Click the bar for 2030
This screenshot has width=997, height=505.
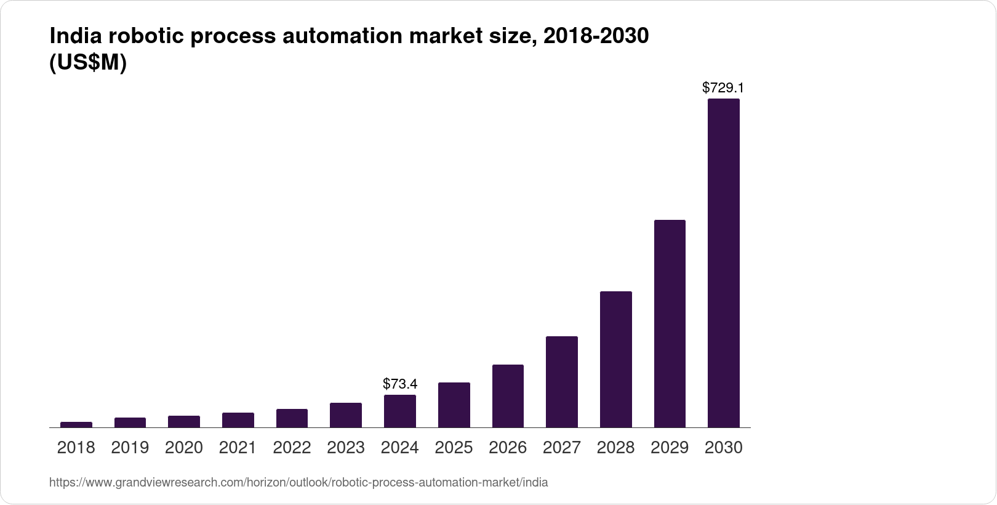[723, 263]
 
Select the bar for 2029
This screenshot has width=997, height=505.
[670, 323]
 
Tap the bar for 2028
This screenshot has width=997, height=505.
[615, 359]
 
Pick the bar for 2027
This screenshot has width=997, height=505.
[561, 382]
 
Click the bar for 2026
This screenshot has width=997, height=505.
[508, 396]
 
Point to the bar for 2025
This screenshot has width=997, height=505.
[454, 405]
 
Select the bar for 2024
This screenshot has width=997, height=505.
[399, 411]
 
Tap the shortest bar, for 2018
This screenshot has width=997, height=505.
[76, 424]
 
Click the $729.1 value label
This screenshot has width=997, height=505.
[723, 88]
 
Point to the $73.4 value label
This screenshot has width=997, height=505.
[400, 384]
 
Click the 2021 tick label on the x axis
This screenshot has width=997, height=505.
[238, 448]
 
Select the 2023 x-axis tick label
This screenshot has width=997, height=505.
[346, 448]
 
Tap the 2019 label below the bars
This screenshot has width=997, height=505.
[130, 448]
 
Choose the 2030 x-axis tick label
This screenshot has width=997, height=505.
[723, 448]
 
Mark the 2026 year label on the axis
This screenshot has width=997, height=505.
[508, 448]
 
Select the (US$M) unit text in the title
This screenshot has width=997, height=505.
[87, 63]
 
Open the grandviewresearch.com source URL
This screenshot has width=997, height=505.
[298, 483]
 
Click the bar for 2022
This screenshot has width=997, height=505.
[292, 418]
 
